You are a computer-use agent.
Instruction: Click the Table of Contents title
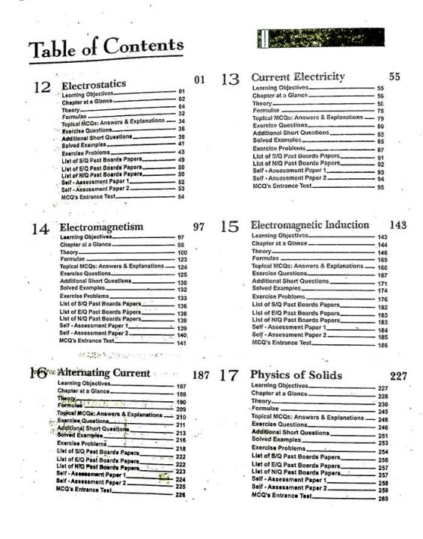(x=106, y=47)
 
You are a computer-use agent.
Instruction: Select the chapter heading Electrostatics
(x=94, y=85)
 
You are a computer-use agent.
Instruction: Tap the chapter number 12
(x=42, y=88)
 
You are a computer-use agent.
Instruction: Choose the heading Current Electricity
(x=298, y=77)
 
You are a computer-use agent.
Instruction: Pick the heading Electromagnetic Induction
(x=309, y=225)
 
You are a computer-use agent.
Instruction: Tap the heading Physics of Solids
(x=296, y=375)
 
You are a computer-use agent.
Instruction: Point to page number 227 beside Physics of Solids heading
(x=399, y=376)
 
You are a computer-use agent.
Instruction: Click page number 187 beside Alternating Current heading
(x=201, y=374)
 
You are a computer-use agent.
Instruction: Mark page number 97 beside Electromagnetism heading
(x=198, y=226)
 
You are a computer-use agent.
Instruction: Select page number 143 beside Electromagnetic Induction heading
(x=398, y=225)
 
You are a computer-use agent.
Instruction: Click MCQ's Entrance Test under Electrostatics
(x=91, y=196)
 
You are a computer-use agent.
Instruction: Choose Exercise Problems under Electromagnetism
(x=86, y=297)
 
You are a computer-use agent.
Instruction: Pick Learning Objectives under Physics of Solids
(x=279, y=386)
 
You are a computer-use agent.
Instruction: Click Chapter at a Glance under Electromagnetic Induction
(x=279, y=243)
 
